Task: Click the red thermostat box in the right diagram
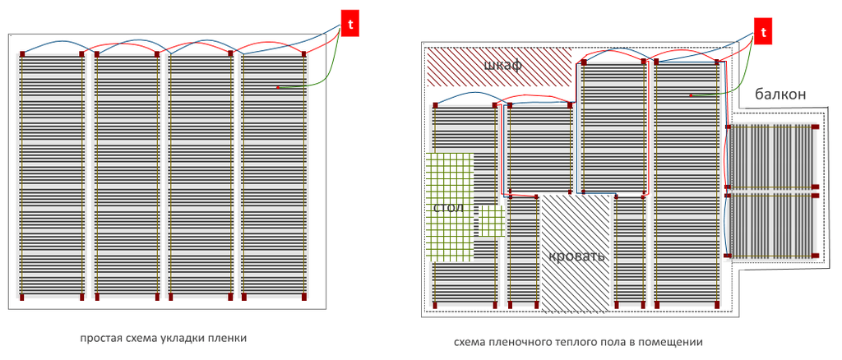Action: click(x=765, y=32)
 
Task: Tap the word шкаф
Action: click(x=503, y=66)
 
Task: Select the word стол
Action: click(x=448, y=207)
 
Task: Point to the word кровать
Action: click(x=577, y=256)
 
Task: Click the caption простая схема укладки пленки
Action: click(x=164, y=338)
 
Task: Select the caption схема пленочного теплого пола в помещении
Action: click(x=578, y=342)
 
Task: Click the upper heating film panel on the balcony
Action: click(x=773, y=156)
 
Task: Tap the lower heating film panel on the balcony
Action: click(x=773, y=226)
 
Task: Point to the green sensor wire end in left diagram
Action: click(x=278, y=87)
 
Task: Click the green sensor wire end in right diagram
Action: click(x=691, y=95)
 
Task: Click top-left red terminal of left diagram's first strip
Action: click(x=22, y=53)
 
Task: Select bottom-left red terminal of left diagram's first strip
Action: click(x=22, y=296)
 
